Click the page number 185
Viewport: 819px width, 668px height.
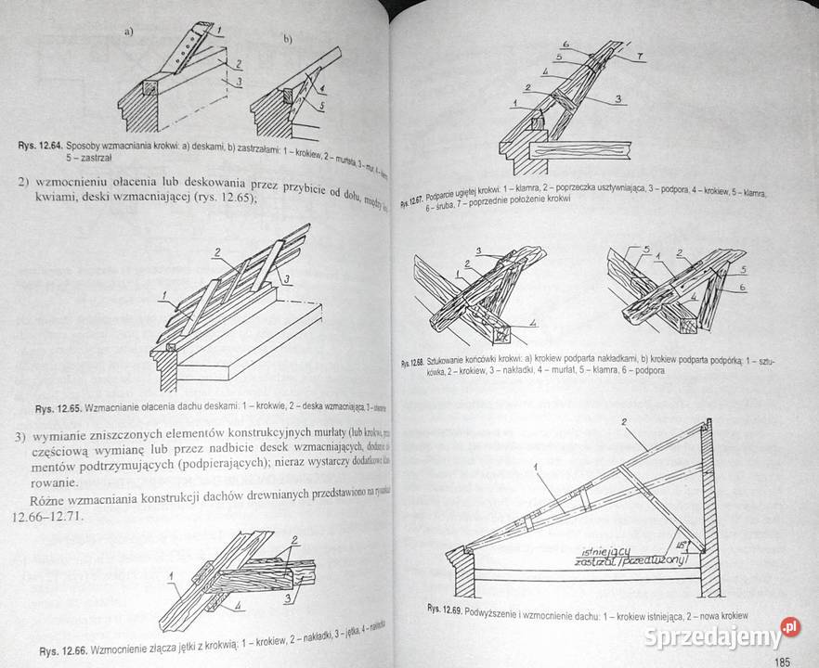(x=781, y=661)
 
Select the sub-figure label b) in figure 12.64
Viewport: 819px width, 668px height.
(x=288, y=39)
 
